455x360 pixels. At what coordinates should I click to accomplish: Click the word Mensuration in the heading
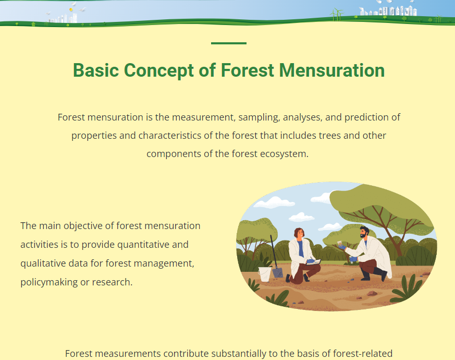(x=331, y=70)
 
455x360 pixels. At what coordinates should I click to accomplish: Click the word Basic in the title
(x=96, y=70)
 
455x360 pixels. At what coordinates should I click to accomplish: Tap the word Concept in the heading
(x=159, y=71)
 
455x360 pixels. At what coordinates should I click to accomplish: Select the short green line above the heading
(x=229, y=43)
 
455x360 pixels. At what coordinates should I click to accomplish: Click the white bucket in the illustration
(x=264, y=274)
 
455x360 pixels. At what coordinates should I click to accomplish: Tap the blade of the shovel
(x=277, y=273)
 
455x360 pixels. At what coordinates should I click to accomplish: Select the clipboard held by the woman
(x=315, y=262)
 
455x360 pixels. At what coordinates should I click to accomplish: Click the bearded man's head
(x=364, y=232)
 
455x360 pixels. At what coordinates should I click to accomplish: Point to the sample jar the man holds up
(x=339, y=244)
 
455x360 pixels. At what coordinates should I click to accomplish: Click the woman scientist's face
(x=300, y=233)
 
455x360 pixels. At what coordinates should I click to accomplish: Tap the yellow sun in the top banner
(x=71, y=10)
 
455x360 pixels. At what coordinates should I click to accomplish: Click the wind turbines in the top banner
(x=337, y=15)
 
